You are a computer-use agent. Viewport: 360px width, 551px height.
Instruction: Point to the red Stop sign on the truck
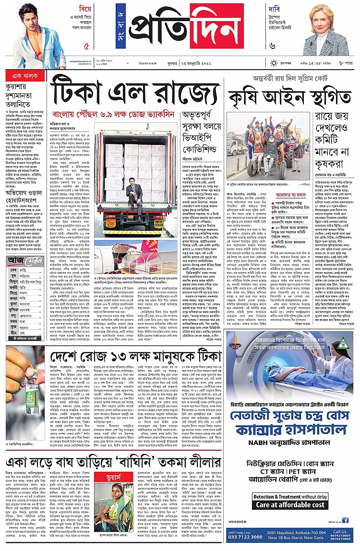[x=110, y=211]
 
